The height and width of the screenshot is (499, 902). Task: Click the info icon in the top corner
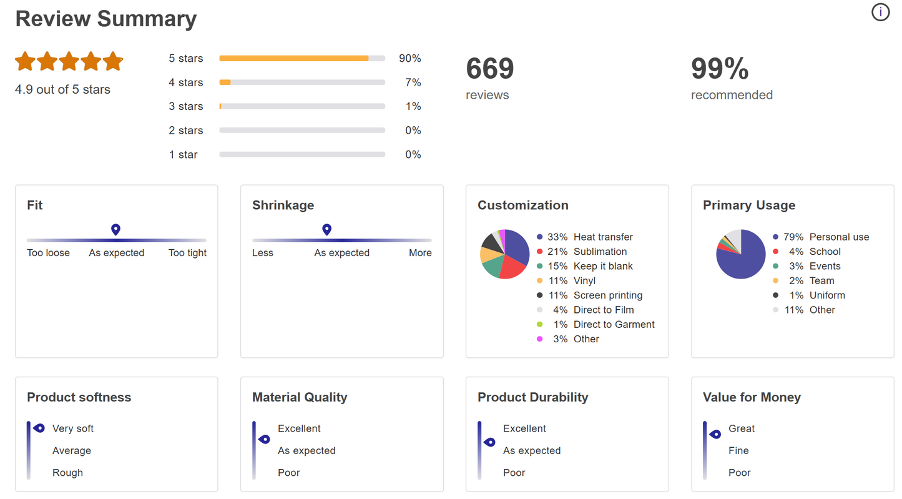click(x=880, y=12)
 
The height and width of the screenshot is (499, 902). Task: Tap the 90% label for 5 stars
click(x=410, y=59)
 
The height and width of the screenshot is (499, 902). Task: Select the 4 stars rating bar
click(x=302, y=82)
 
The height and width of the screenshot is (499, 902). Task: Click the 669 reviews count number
click(x=489, y=69)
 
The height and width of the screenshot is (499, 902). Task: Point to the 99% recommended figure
click(x=720, y=69)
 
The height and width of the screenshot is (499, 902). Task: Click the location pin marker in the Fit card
click(x=115, y=230)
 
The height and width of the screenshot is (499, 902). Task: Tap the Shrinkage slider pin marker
click(x=326, y=230)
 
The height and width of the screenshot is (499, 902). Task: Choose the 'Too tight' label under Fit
click(x=187, y=253)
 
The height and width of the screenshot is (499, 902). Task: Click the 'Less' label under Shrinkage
click(x=263, y=253)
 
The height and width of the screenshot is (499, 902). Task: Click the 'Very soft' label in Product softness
click(x=73, y=429)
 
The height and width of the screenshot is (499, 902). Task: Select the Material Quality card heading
click(x=300, y=397)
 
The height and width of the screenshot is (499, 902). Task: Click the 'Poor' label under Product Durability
click(x=514, y=473)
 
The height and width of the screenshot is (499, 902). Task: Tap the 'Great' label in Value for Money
click(x=742, y=429)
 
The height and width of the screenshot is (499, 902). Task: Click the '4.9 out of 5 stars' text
click(x=62, y=90)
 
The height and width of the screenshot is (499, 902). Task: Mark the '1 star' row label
click(x=183, y=155)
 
